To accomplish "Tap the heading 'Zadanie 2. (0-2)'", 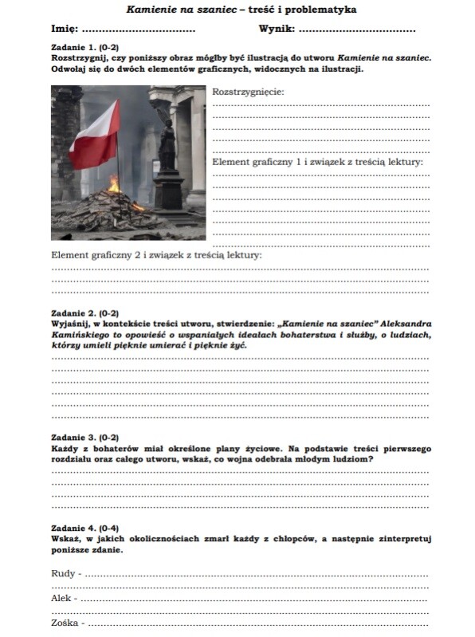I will [x=84, y=313].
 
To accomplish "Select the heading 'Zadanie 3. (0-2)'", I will [x=84, y=438].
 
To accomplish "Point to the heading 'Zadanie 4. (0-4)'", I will [x=84, y=528].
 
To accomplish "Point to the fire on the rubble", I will [x=114, y=185].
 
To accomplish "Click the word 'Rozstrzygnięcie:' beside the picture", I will [x=248, y=92].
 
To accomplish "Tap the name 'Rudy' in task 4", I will [x=63, y=573].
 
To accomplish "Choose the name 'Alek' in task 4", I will [x=61, y=597].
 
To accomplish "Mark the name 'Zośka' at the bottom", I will [x=65, y=622].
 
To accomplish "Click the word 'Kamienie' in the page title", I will [x=151, y=10].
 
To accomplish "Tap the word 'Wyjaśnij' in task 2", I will [x=70, y=324].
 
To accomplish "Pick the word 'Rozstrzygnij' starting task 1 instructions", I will [x=79, y=59].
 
